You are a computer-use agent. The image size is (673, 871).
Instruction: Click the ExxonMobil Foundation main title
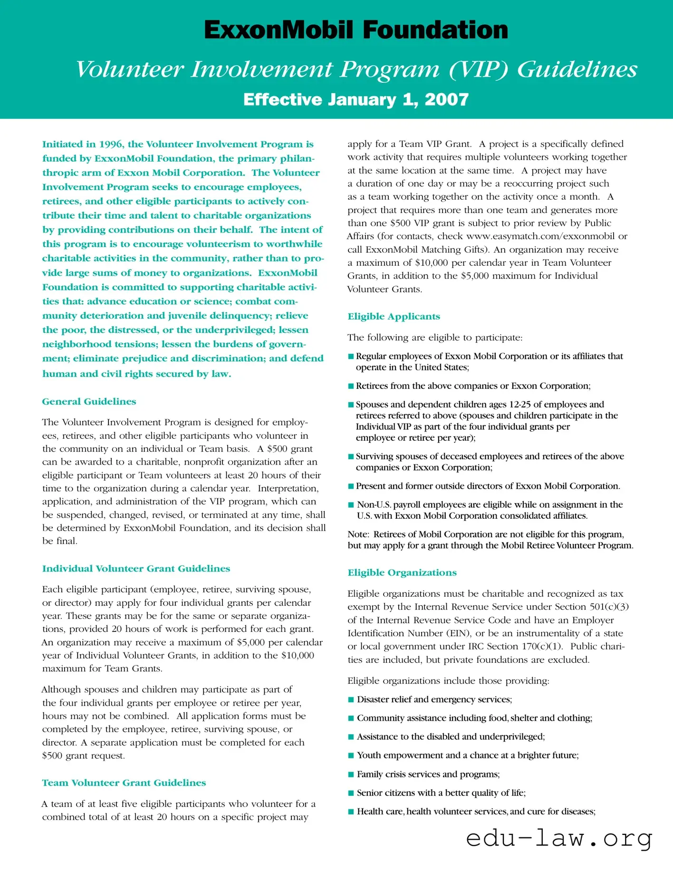pyautogui.click(x=356, y=30)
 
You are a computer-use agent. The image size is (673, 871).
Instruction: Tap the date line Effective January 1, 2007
pyautogui.click(x=356, y=99)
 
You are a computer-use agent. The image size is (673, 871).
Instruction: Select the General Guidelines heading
pyautogui.click(x=89, y=402)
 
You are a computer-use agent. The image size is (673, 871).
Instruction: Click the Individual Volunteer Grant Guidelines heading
pyautogui.click(x=136, y=569)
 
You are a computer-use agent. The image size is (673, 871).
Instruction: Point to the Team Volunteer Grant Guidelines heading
pyautogui.click(x=124, y=783)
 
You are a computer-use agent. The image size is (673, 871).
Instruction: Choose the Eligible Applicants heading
pyautogui.click(x=394, y=317)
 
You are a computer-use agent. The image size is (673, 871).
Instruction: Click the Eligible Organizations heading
pyautogui.click(x=402, y=573)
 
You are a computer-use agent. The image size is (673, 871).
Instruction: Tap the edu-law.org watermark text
pyautogui.click(x=559, y=838)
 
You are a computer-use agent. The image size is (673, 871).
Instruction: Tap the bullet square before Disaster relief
pyautogui.click(x=351, y=699)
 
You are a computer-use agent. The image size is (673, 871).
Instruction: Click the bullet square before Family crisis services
pyautogui.click(x=351, y=774)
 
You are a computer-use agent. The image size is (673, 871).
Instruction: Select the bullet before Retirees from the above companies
pyautogui.click(x=351, y=386)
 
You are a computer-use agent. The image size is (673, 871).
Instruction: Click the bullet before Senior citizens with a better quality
pyautogui.click(x=351, y=793)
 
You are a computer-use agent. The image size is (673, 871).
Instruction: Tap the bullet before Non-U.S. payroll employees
pyautogui.click(x=351, y=505)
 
